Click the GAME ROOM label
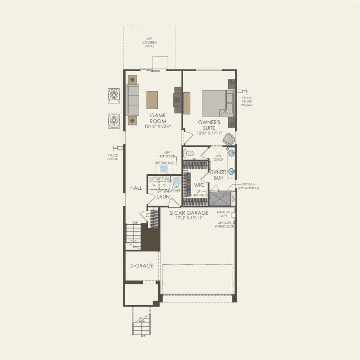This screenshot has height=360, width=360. [x=158, y=119]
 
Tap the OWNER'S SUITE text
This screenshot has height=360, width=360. [x=209, y=125]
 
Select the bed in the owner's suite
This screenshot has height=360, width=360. [x=218, y=103]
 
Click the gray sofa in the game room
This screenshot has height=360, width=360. [x=132, y=100]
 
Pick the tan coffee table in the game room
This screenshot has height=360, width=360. [x=152, y=100]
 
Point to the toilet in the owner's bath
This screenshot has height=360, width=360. [x=188, y=153]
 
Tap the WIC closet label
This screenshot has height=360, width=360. [x=199, y=185]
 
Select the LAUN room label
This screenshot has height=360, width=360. [x=163, y=197]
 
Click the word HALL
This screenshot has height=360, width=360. [x=136, y=188]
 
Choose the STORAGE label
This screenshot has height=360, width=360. [x=142, y=266]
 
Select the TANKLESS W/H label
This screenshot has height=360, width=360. [x=224, y=214]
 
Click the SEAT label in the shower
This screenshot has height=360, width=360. [x=233, y=199]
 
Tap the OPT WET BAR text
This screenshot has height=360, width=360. [x=163, y=163]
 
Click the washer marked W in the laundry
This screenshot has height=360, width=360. [x=154, y=185]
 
